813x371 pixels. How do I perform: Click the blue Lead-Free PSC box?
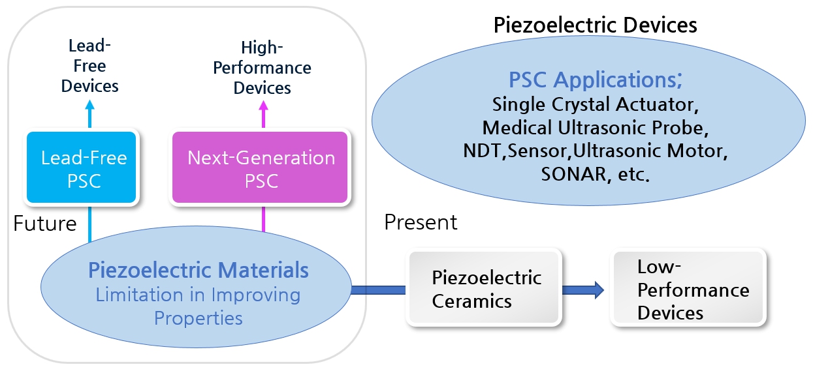[x=81, y=167]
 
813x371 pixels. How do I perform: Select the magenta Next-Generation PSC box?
[x=260, y=167]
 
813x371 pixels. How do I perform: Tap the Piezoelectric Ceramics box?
[x=484, y=288]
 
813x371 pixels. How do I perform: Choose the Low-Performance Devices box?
[x=688, y=288]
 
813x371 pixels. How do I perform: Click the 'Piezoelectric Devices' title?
[x=596, y=25]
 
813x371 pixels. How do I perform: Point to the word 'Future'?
[x=45, y=223]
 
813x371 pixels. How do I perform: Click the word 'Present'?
[x=421, y=222]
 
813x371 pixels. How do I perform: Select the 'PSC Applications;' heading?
[x=596, y=80]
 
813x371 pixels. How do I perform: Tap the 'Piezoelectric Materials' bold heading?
[x=199, y=270]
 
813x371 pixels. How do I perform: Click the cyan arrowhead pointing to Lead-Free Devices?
[x=89, y=105]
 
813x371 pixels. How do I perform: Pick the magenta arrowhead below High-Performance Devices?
[x=264, y=106]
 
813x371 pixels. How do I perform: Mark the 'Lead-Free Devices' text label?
[x=89, y=66]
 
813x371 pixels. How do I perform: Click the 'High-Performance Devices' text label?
[x=262, y=68]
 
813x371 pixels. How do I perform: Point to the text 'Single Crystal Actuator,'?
[x=596, y=104]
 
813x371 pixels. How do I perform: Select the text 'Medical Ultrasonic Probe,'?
[x=596, y=128]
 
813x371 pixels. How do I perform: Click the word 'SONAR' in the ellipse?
[x=573, y=174]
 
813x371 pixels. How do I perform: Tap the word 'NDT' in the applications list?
[x=482, y=151]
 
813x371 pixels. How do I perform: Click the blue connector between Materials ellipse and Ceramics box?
[x=378, y=290]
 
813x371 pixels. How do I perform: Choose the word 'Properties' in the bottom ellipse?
[x=199, y=318]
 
